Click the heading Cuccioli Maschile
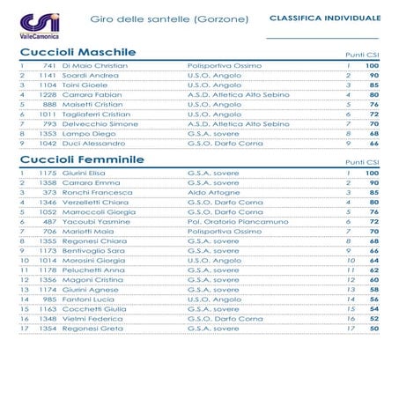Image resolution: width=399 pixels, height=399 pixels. pyautogui.click(x=78, y=53)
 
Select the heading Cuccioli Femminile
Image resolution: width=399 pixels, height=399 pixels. pyautogui.click(x=82, y=160)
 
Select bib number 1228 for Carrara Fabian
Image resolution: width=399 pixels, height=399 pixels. pyautogui.click(x=48, y=95)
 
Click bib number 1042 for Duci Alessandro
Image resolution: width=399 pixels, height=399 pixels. pyautogui.click(x=48, y=143)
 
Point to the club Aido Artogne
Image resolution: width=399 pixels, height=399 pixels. pyautogui.click(x=214, y=193)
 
